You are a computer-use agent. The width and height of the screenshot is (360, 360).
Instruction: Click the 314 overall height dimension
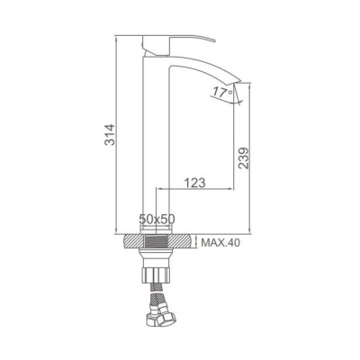110,134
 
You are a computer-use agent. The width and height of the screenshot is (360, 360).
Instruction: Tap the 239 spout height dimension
244,157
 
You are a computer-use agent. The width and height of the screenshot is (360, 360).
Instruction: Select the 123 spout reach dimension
194,183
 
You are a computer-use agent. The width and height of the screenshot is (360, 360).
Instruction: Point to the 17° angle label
222,92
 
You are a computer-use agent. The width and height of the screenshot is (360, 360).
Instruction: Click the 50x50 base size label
157,219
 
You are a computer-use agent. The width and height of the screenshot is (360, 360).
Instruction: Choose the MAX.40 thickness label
220,242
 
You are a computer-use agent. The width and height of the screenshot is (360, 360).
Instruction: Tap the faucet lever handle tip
214,40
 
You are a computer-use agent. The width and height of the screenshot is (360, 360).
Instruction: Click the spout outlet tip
238,82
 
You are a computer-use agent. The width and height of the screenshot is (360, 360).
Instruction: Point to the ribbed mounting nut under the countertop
156,274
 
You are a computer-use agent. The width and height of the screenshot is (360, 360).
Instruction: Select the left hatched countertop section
133,241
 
